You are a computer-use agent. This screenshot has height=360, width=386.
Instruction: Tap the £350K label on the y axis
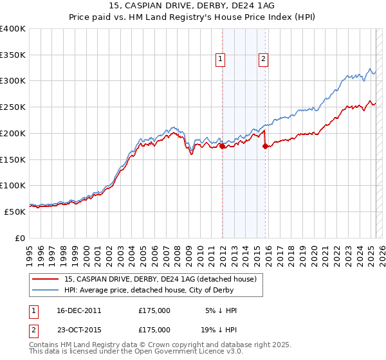click(x=13, y=55)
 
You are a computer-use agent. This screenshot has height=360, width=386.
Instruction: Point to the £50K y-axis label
click(x=15, y=212)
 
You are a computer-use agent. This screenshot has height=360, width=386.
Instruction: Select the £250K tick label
click(x=13, y=107)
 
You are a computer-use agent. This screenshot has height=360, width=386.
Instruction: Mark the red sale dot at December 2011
click(x=223, y=146)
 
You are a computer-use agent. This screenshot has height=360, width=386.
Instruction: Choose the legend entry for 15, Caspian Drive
click(x=160, y=279)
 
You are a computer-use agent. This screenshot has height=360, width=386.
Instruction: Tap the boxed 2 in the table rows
click(x=32, y=329)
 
